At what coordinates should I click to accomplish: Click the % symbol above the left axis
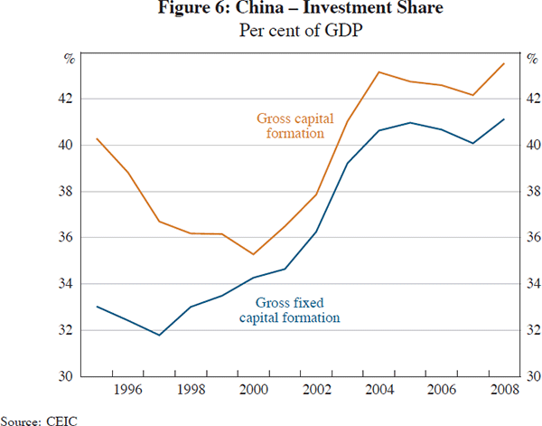pyautogui.click(x=69, y=61)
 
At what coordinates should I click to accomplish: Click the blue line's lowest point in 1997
pyautogui.click(x=160, y=335)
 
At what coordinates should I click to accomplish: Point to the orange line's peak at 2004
pyautogui.click(x=379, y=71)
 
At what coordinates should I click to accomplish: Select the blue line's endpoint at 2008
pyautogui.click(x=504, y=118)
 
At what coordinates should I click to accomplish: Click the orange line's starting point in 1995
pyautogui.click(x=97, y=138)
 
